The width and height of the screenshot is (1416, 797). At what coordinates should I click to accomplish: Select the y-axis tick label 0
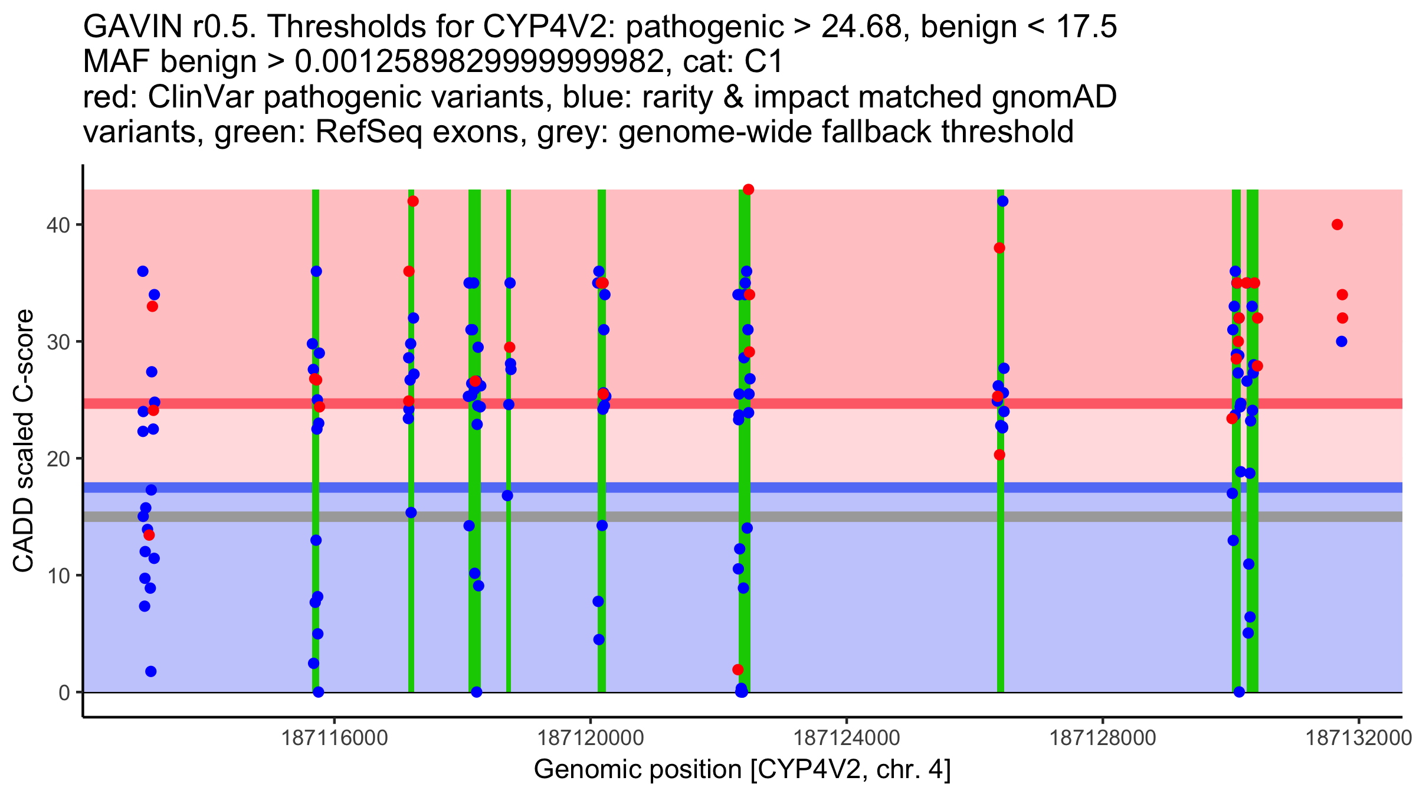pos(64,693)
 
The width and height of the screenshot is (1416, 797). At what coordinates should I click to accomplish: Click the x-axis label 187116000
pos(335,738)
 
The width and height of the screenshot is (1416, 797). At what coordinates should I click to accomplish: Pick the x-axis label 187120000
pos(591,738)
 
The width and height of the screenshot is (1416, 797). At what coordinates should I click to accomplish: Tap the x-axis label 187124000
pos(847,738)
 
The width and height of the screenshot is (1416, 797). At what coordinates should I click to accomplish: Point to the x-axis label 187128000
pos(1103,738)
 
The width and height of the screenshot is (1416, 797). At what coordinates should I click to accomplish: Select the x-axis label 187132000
pos(1359,738)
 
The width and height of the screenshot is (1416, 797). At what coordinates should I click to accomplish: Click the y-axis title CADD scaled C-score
pos(24,441)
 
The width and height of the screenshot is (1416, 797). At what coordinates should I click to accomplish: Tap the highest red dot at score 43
pos(748,190)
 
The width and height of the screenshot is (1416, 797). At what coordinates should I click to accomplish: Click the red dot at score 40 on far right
pos(1337,224)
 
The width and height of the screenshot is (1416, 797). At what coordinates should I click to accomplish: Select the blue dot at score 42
pos(1002,201)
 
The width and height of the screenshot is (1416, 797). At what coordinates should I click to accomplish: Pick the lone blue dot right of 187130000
pos(1341,341)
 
